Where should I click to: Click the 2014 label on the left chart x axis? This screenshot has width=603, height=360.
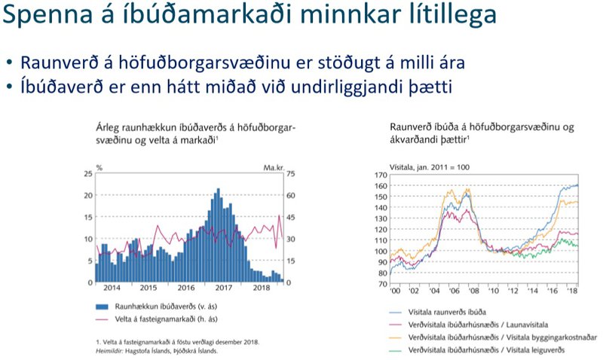[112, 288]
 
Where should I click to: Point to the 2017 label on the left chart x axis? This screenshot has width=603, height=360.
[223, 288]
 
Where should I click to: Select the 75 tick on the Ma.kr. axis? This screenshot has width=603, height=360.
[290, 174]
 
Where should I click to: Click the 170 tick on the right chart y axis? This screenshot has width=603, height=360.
[381, 174]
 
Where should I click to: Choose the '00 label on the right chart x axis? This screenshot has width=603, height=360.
[393, 291]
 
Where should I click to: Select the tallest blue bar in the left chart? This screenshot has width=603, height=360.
[218, 235]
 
